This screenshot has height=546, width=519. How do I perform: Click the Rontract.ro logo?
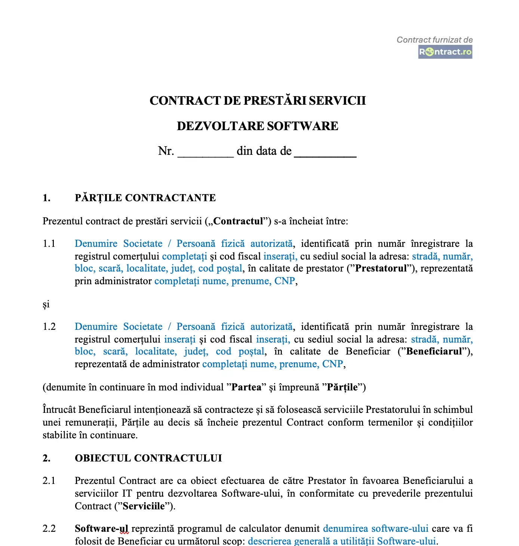coord(445,52)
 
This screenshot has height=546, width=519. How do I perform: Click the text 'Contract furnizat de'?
coord(434,40)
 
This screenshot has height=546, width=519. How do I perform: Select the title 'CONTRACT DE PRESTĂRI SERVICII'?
coord(258,101)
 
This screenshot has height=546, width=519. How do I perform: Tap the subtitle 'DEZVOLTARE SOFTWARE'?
coord(258,126)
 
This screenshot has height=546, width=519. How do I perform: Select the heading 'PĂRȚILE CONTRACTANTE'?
coord(145,198)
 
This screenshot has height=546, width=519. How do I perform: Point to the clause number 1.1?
coord(49,244)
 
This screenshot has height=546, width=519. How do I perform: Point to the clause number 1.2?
coord(49,327)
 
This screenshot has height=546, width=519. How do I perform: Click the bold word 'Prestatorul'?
coord(381,269)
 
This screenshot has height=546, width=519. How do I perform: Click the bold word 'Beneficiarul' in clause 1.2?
coord(434,352)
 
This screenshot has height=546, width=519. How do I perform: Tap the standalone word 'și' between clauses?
coord(46,304)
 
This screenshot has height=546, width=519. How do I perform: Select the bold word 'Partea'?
coord(246,387)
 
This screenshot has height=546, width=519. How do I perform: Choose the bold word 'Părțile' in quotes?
coord(342,387)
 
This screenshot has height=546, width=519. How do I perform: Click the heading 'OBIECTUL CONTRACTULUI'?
coord(148,458)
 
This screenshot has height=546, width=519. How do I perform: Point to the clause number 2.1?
coord(49,481)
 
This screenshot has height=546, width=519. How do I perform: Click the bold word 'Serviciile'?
coord(144,506)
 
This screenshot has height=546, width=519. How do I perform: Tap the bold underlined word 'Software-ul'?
coord(101,529)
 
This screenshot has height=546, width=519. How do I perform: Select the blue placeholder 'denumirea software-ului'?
coord(375,529)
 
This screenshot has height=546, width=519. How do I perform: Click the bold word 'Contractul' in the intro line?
coord(238,221)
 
